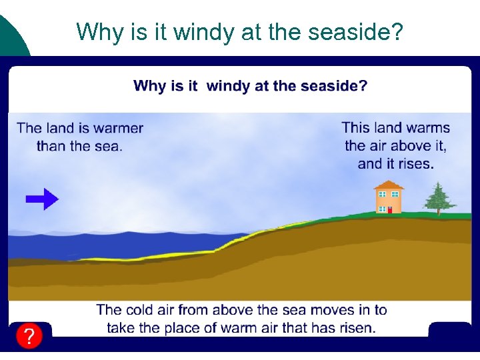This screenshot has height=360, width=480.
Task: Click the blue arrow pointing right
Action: coord(42,199)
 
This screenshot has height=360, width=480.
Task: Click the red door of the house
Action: coord(389,209)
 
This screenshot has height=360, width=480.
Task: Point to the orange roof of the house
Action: coord(389,185)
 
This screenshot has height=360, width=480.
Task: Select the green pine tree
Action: coord(437,197)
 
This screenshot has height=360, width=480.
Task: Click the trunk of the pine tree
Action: coord(438,212)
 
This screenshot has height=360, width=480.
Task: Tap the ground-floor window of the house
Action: coord(382,209)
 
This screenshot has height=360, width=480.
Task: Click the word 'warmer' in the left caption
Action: coord(118,127)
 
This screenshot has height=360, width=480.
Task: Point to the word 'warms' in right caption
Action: coord(428,127)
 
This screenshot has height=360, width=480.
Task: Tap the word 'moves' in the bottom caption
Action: coord(342,309)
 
